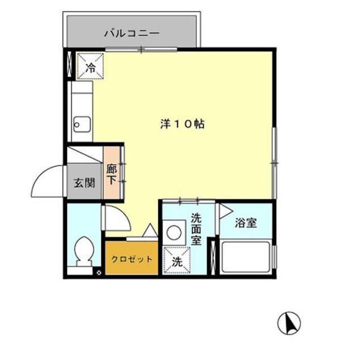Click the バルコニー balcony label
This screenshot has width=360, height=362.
pyautogui.click(x=131, y=33)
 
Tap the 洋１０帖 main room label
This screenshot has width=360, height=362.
pyautogui.click(x=182, y=124)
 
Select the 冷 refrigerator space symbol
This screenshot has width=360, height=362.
pyautogui.click(x=91, y=67)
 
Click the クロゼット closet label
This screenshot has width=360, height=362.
pyautogui.click(x=131, y=260)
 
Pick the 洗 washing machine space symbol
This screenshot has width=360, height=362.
pyautogui.click(x=177, y=261)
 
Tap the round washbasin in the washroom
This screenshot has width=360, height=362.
pyautogui.click(x=174, y=231)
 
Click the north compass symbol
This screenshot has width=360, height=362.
pyautogui.click(x=289, y=323)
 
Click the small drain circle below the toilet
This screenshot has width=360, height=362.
pyautogui.click(x=99, y=273)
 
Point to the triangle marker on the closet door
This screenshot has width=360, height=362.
pyautogui.click(x=151, y=230)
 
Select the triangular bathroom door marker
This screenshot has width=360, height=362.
pyautogui.click(x=225, y=212)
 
